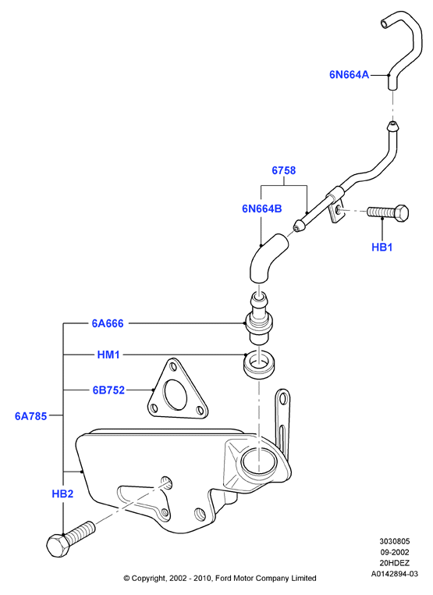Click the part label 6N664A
pos(349,75)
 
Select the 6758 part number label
pos(284,170)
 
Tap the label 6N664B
pos(262,208)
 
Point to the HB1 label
pos(382,248)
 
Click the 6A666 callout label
pos(108,323)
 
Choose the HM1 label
pos(108,355)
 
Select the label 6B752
pos(108,390)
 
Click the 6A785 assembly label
pos(30,416)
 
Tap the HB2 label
pos(62,493)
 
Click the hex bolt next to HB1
pos(388,212)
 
